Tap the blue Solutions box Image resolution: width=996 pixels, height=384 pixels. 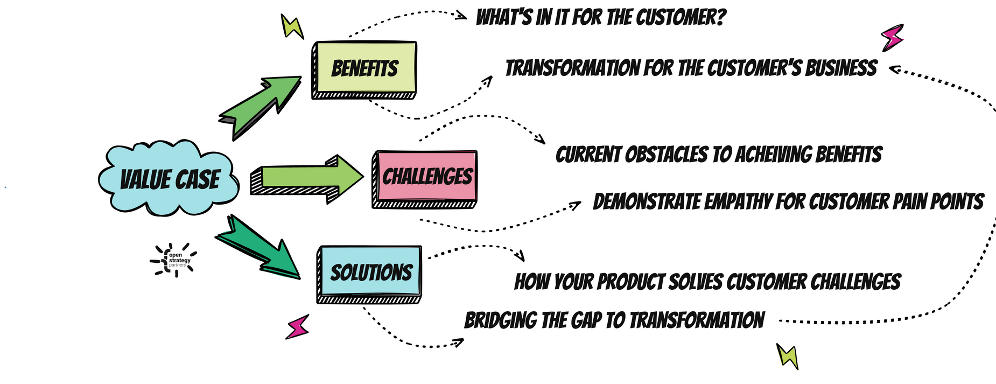coord(369,272)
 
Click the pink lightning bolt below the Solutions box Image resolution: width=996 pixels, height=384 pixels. coord(297,326)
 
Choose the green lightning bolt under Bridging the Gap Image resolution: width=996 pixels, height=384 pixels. coord(787,357)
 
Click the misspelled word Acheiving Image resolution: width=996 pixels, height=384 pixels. coord(771,155)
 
